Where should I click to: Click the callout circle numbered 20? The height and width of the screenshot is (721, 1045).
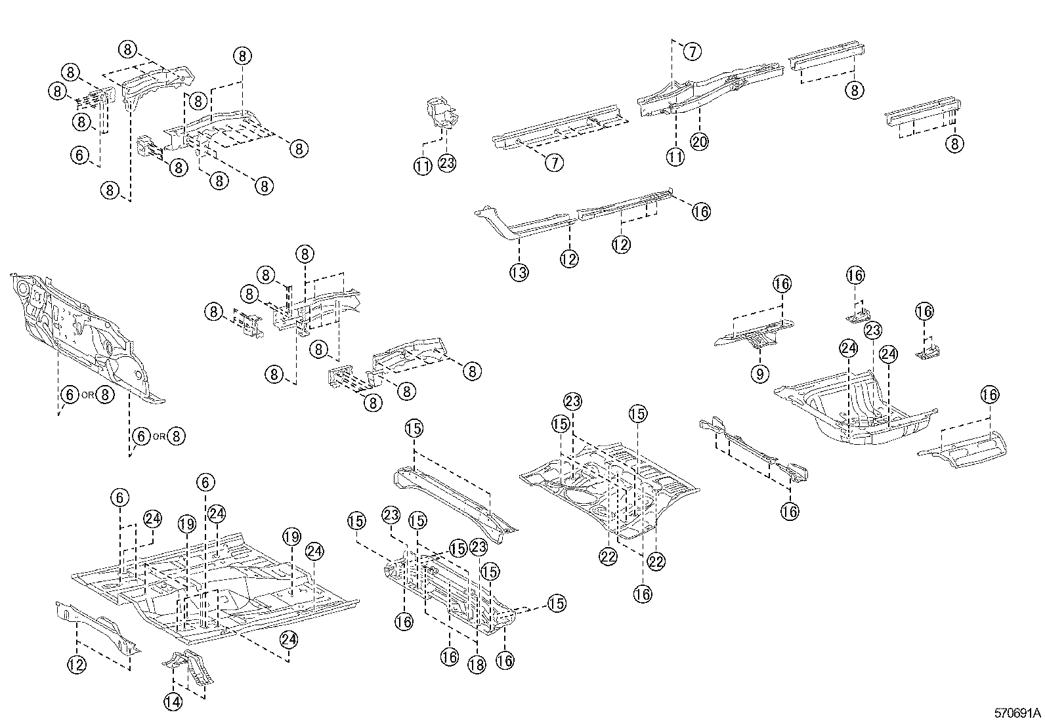coord(700,141)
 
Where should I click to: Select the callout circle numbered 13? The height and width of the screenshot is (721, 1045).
coord(519,272)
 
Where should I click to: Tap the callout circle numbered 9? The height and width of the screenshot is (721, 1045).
coord(759,375)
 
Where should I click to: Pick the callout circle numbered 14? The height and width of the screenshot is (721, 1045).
coord(174,702)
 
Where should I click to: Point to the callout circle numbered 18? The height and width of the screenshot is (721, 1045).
coord(477,664)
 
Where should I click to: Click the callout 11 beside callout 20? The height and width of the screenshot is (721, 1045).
coord(675,156)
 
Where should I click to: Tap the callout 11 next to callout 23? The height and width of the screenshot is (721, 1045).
coord(423,167)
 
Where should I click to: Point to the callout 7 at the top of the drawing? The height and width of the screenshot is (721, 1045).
coord(693,51)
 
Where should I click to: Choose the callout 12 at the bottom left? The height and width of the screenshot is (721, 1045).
coord(77,664)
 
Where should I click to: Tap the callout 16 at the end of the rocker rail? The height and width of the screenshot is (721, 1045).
coord(701,211)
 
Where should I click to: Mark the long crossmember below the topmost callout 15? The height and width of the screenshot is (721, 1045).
coord(453,499)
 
